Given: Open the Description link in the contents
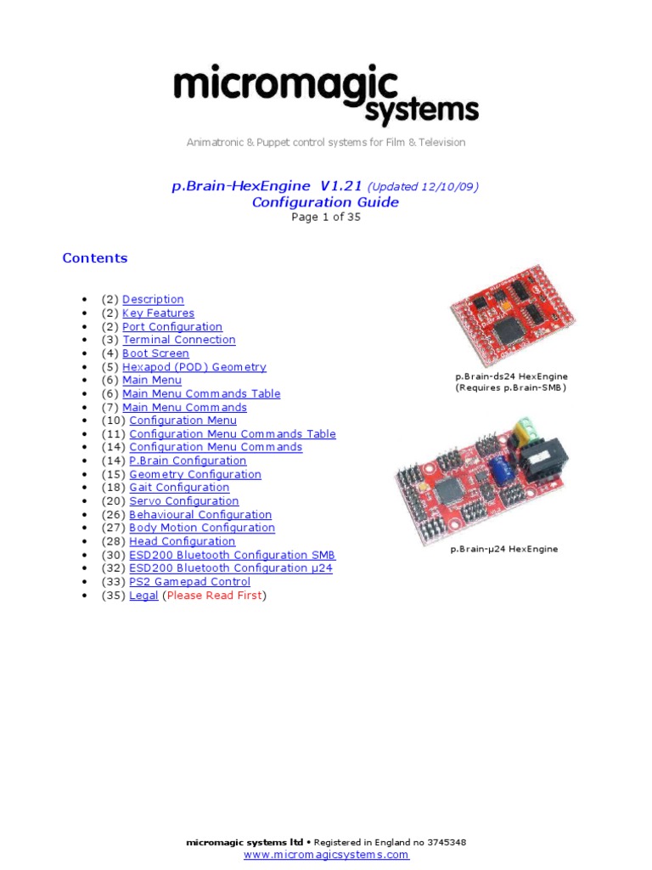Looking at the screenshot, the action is tap(153, 299).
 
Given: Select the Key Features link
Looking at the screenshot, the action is tap(158, 313).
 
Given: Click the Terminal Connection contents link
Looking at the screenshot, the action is tap(178, 340).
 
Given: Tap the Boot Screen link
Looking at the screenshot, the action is tap(155, 353).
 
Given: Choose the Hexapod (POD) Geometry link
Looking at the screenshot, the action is tap(194, 367).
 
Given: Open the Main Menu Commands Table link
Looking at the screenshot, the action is tap(201, 393).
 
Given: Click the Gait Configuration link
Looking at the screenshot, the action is tap(179, 488).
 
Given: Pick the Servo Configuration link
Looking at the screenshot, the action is tap(183, 501).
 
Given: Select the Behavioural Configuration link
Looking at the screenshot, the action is tap(200, 515).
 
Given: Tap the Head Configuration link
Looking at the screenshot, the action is tap(182, 541).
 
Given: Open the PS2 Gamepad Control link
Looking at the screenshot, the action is tap(189, 582).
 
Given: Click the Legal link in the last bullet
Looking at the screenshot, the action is tap(143, 596).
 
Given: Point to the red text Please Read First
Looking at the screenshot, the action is tap(214, 596).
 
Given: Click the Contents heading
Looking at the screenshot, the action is tap(95, 258).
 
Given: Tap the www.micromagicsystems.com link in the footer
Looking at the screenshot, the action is tap(326, 855).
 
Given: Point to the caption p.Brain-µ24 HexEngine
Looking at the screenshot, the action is tap(504, 550).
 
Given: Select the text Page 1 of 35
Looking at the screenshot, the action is tap(326, 217).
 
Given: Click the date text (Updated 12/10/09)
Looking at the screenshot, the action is tap(423, 187).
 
